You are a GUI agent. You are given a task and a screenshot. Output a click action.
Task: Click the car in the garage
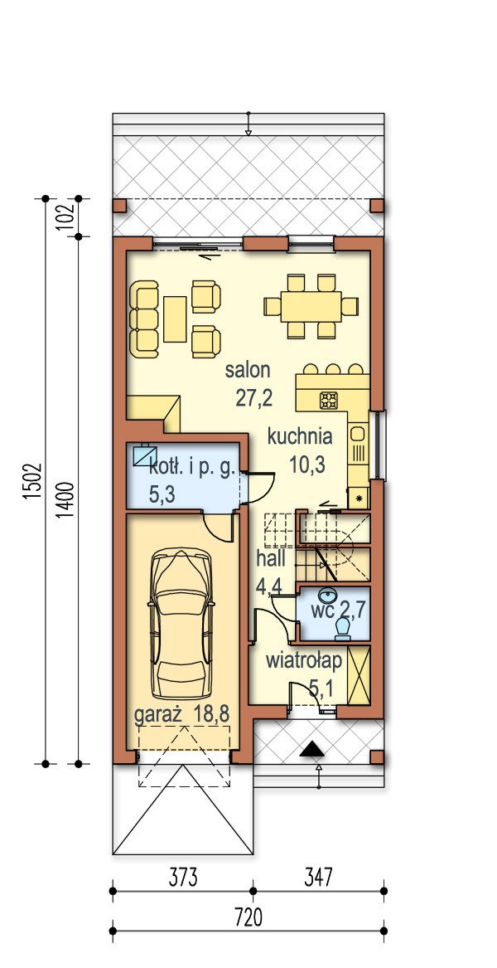pos(182,625)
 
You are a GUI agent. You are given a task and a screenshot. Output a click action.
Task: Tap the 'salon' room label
pos(248,371)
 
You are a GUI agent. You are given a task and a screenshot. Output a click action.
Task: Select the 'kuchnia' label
pos(300,437)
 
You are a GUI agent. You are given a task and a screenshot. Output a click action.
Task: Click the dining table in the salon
pos(311,306)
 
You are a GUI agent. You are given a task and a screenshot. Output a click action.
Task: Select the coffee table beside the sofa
pos(175,319)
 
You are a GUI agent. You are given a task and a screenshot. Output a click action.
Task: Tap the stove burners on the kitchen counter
pos(328,401)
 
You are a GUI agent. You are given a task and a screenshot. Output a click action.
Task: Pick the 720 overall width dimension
pos(248,918)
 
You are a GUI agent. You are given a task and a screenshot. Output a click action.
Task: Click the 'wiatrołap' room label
pos(303,661)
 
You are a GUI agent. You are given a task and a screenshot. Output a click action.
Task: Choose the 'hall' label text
pos(271,560)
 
